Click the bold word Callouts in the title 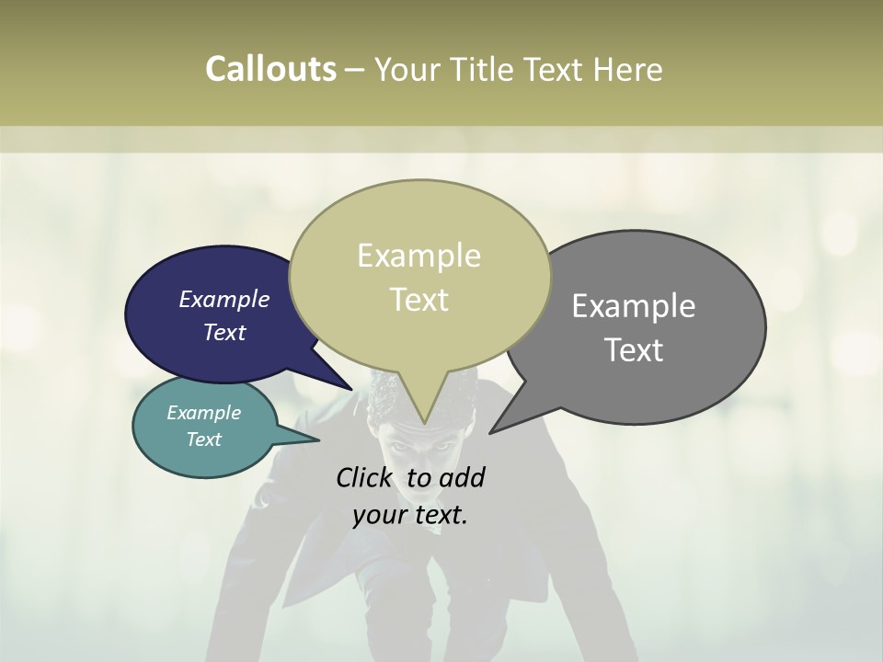270,69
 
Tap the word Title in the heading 485,69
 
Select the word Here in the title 628,69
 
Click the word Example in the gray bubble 634,306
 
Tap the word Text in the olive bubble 419,300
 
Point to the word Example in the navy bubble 224,299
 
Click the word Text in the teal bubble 204,439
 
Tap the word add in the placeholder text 462,477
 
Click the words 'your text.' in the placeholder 410,515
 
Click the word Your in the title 406,69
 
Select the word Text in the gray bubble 635,350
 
